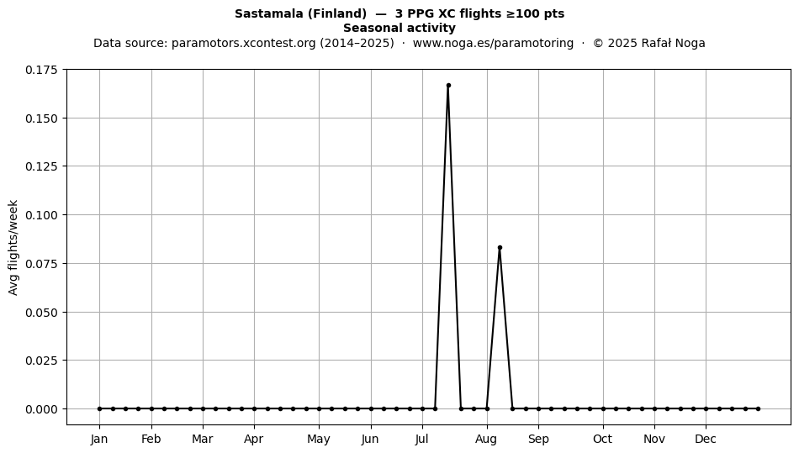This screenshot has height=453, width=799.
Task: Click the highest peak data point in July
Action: (x=448, y=86)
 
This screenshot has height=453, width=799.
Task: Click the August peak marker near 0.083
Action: (x=500, y=247)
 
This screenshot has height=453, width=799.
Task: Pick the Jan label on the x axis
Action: (x=99, y=439)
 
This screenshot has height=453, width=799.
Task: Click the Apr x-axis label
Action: (x=254, y=440)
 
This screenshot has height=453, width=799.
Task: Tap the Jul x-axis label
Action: (x=422, y=439)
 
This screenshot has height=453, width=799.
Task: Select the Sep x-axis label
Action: (x=538, y=440)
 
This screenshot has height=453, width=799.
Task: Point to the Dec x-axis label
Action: (x=706, y=439)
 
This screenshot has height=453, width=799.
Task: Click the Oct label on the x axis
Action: (x=603, y=439)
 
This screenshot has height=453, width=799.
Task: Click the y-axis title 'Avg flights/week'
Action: (x=13, y=247)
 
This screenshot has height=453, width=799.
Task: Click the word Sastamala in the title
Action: (x=268, y=13)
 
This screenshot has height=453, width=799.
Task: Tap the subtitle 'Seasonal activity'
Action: (x=399, y=28)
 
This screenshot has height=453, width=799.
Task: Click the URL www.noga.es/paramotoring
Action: (x=493, y=43)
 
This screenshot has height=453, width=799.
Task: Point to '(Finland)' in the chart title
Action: (x=336, y=13)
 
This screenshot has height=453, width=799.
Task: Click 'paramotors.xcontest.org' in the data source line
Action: (x=244, y=43)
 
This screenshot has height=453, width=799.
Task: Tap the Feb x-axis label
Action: (x=151, y=439)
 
